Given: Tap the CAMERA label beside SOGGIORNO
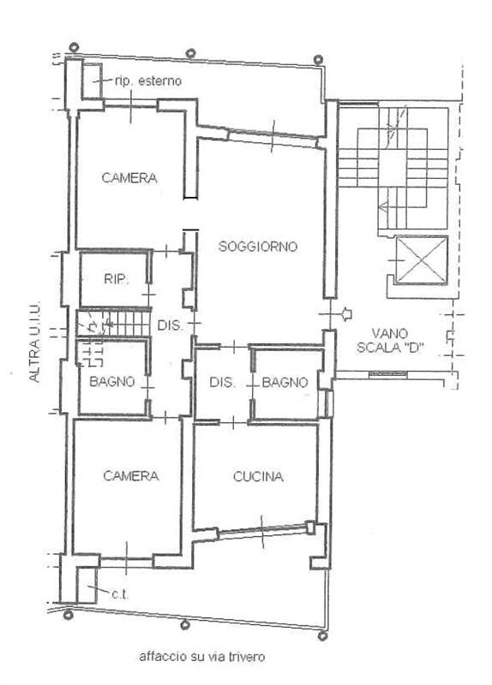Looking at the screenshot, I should (x=129, y=179).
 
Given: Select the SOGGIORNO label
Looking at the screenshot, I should (x=257, y=247).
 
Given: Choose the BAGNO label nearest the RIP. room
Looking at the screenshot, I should (x=112, y=382).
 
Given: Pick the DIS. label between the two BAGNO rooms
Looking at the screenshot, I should (x=222, y=382).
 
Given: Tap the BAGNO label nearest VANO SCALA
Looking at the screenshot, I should (x=285, y=382).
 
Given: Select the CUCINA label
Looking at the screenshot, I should (x=258, y=478).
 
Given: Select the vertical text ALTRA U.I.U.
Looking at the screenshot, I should (x=34, y=341).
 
